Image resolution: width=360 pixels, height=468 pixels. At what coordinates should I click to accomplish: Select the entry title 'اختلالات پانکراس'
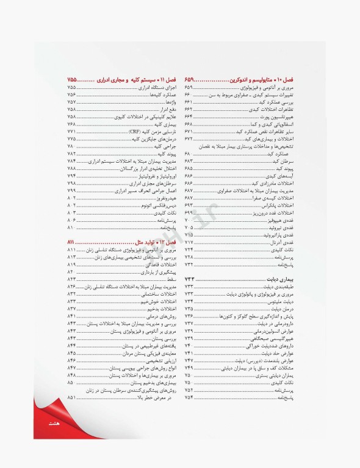276,205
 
